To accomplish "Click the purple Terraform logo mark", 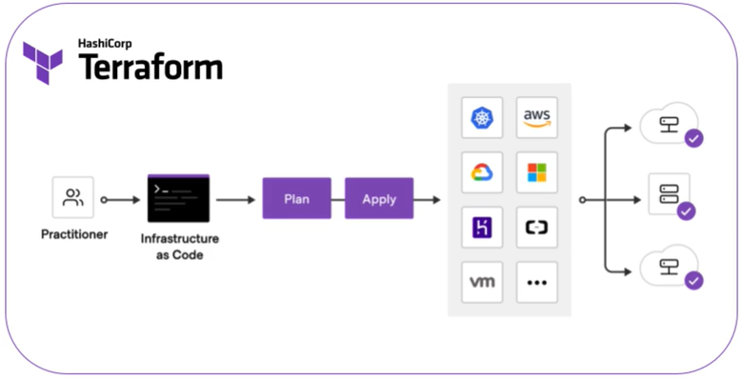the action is click(43, 63).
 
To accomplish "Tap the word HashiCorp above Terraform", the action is click(105, 44).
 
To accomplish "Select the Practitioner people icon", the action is click(73, 197).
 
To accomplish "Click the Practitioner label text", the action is click(74, 234).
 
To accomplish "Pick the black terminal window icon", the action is click(179, 198).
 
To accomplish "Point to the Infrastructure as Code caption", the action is click(180, 247).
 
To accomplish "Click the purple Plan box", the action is click(296, 198).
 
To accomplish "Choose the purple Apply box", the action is click(379, 198).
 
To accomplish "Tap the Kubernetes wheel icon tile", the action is click(482, 117).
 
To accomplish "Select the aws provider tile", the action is click(537, 117).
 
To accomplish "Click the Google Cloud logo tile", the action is click(482, 172).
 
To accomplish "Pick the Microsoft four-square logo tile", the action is click(537, 172).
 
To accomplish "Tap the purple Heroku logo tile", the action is click(482, 228).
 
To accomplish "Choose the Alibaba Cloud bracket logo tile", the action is click(537, 228).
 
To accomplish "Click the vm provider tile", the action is click(482, 283).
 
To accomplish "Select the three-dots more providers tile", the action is click(537, 283).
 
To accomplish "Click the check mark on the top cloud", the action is click(693, 139).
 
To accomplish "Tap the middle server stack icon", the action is click(669, 194).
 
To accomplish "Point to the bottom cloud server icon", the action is click(669, 267).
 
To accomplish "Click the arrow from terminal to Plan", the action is click(235, 200).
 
